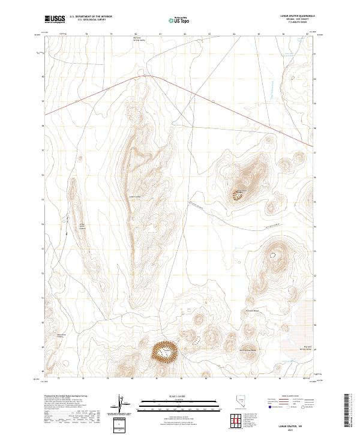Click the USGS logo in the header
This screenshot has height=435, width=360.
coord(55,20)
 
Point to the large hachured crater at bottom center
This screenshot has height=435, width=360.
coord(164,352)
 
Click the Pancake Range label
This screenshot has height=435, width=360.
coord(251,311)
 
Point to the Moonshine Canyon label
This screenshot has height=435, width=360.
coord(61,335)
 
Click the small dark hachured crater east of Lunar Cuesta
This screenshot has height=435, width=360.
coord(240,193)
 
